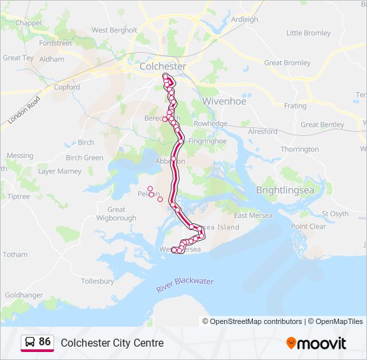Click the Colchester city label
163,67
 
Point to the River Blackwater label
186,285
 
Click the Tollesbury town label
98,281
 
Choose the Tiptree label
18,197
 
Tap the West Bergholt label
114,30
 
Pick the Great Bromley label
288,63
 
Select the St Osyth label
335,214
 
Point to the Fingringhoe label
208,141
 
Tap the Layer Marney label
59,171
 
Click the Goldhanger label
24,295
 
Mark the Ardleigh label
244,20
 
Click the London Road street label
25,110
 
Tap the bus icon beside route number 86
30,342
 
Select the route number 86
45,342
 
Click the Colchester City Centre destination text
112,343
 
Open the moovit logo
316,343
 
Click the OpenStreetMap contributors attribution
256,321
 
